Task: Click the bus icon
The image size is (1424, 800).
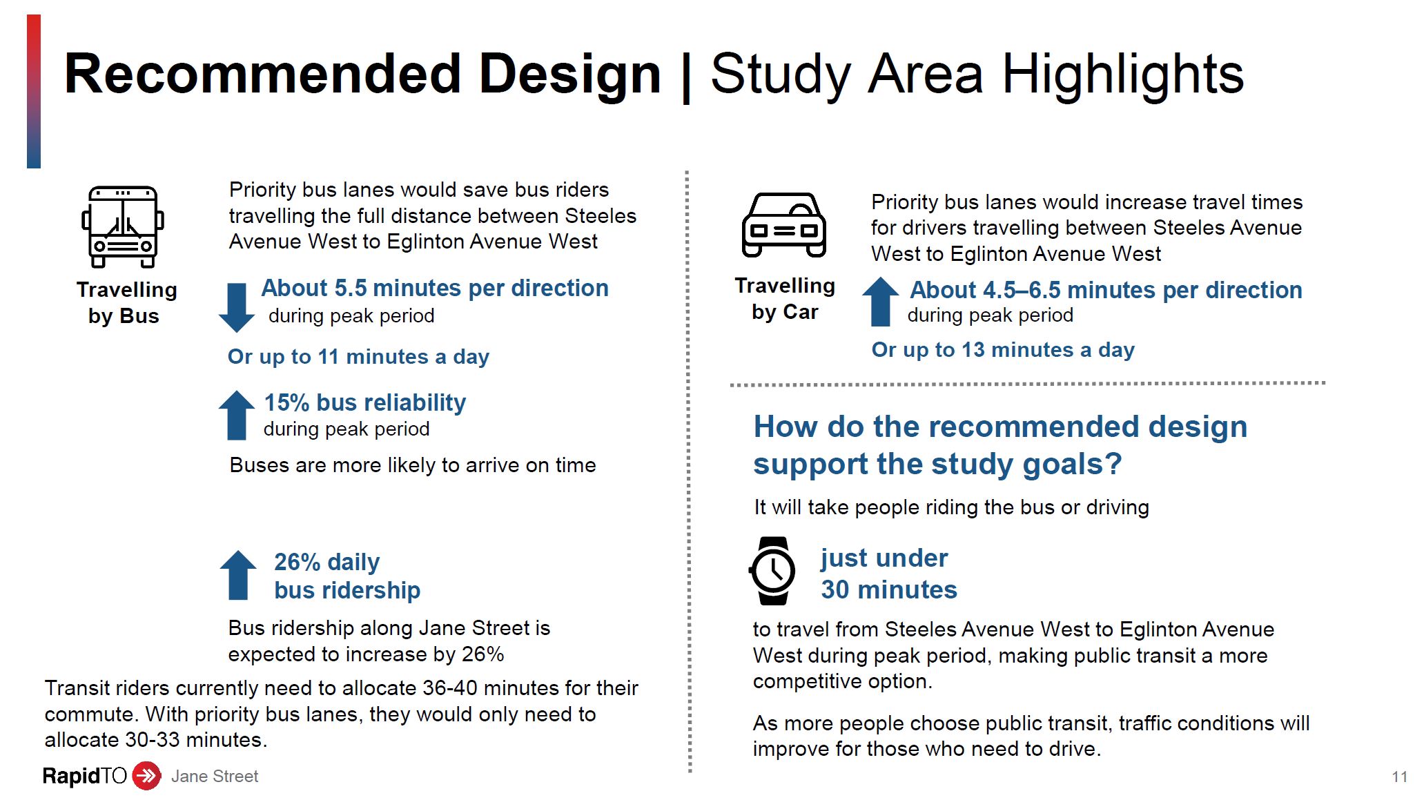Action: pos(123,226)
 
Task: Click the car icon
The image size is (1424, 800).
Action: pos(784,225)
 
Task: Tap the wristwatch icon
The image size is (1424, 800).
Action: pos(772,571)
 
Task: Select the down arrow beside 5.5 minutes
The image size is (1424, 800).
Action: pos(236,308)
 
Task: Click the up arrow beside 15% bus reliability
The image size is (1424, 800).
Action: pos(237,415)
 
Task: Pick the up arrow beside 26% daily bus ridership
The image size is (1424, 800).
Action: pos(238,575)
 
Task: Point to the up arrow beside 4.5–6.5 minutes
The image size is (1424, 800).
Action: pos(881,302)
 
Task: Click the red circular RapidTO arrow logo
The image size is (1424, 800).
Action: pos(146,776)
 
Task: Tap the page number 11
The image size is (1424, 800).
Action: pos(1399,777)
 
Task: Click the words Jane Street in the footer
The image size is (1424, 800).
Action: pos(215,777)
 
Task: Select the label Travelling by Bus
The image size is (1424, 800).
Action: pos(126,303)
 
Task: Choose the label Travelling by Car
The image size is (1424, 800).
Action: pos(785,299)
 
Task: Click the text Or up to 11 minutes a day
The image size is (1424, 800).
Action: pos(358,357)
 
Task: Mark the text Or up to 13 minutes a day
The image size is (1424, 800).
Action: pos(1003,350)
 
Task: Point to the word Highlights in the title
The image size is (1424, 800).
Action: pos(1123,75)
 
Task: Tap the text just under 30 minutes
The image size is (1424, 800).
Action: pos(889,574)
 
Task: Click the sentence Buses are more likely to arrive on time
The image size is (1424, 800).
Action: pos(413,465)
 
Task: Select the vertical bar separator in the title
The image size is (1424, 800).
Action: pos(685,76)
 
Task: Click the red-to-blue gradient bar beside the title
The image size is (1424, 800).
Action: pos(34,91)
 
